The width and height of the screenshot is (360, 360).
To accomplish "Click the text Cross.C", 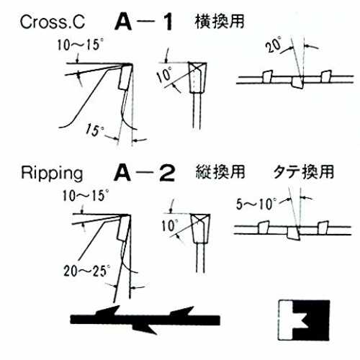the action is click(53, 22).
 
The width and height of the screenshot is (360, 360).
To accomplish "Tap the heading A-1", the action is click(144, 22).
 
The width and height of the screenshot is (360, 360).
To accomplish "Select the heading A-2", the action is click(145, 173).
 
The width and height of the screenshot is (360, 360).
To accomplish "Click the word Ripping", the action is click(52, 174).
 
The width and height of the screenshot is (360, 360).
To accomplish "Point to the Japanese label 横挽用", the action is click(220, 22).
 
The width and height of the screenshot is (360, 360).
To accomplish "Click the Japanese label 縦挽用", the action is click(220, 172).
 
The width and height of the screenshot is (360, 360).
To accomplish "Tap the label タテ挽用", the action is click(304, 172).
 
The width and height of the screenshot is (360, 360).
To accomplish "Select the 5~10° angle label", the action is click(256, 204).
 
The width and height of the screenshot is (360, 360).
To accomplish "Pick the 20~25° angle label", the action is click(86, 271).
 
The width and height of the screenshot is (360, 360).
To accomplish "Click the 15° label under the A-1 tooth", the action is click(95, 130).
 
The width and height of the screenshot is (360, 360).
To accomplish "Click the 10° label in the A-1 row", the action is click(165, 75).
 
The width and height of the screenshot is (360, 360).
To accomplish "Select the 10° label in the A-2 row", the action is click(170, 225).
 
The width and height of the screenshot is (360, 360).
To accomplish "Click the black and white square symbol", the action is click(304, 320).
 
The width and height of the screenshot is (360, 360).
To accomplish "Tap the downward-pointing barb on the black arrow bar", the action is click(145, 328).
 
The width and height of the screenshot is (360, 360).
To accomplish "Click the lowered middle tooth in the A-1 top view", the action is click(297, 83).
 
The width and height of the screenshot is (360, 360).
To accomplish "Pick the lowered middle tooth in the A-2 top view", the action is click(293, 233).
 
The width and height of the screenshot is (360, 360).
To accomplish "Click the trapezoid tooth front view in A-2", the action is click(201, 229).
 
